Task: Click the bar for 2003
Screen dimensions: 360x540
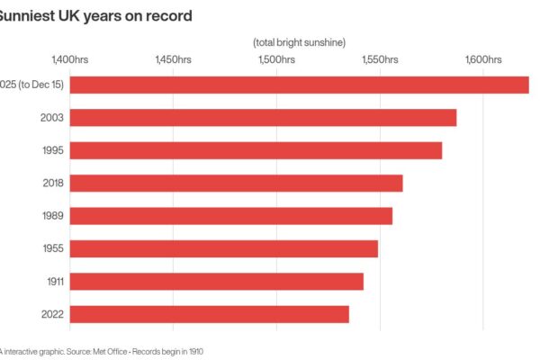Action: (x=263, y=118)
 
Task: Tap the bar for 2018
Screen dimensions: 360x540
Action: (x=236, y=184)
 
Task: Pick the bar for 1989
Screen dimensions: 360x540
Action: (x=230, y=216)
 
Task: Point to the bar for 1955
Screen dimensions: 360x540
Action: (x=223, y=248)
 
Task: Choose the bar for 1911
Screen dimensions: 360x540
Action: (x=216, y=282)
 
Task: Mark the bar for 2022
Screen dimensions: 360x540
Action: (x=209, y=314)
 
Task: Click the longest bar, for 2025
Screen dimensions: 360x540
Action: (x=299, y=85)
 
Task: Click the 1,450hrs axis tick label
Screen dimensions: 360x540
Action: (x=173, y=59)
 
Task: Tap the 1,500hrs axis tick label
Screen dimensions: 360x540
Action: (x=276, y=59)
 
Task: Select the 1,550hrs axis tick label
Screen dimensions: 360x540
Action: (x=380, y=59)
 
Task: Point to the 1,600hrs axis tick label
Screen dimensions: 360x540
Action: (x=483, y=59)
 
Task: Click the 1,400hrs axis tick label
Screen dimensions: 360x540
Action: (x=69, y=59)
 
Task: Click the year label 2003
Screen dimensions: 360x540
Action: (x=51, y=118)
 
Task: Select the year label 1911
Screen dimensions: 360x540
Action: (x=53, y=282)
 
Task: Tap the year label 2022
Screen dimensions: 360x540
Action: (x=51, y=314)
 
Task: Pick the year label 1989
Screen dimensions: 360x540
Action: (x=52, y=216)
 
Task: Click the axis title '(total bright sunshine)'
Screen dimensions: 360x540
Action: (x=300, y=42)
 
